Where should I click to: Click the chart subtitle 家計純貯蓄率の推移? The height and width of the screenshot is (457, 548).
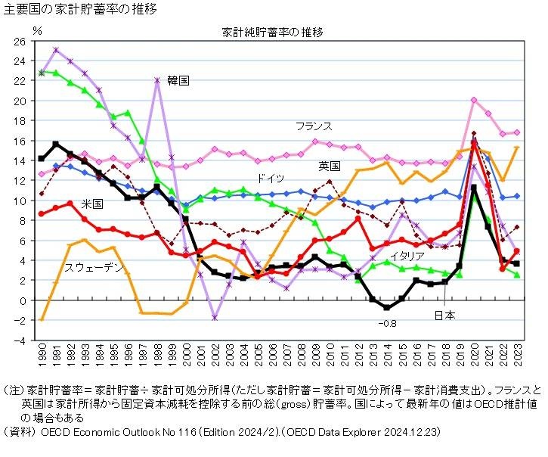272,33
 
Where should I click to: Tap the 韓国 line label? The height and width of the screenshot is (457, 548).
178,79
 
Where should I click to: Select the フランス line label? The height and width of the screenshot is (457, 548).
314,126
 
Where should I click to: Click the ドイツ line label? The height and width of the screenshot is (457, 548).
271,179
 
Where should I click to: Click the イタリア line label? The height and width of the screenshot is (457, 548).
407,256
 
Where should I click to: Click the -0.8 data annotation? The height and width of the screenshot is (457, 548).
389,324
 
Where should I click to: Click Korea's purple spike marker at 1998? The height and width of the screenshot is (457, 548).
157,79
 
